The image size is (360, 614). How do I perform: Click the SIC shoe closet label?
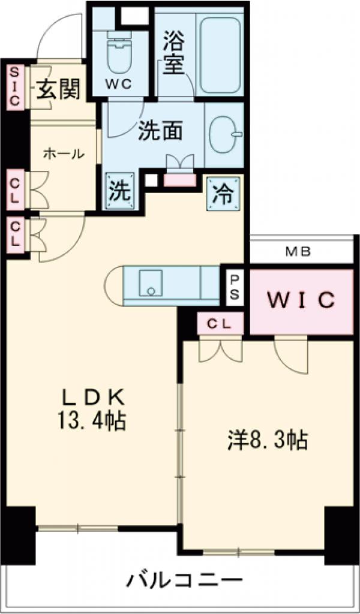[x=15, y=88]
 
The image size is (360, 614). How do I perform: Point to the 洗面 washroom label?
[x=160, y=131]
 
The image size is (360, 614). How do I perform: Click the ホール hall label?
[x=63, y=154]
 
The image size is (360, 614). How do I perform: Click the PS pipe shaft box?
[x=235, y=287]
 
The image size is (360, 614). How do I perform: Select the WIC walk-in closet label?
[x=300, y=300]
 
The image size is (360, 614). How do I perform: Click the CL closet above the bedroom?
[x=220, y=324]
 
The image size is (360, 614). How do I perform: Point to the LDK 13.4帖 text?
[x=94, y=410]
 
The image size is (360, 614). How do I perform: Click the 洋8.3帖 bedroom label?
[x=268, y=441]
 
